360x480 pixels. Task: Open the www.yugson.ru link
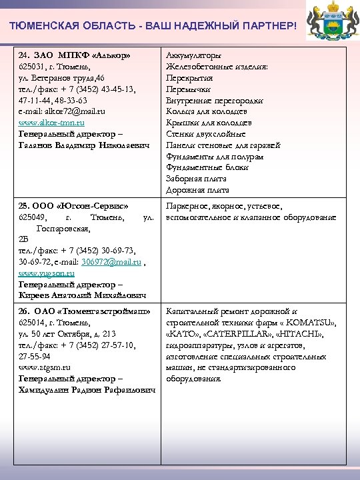[47, 273]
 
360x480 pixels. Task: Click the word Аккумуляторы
[194, 55]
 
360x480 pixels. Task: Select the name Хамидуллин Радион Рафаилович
[87, 389]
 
